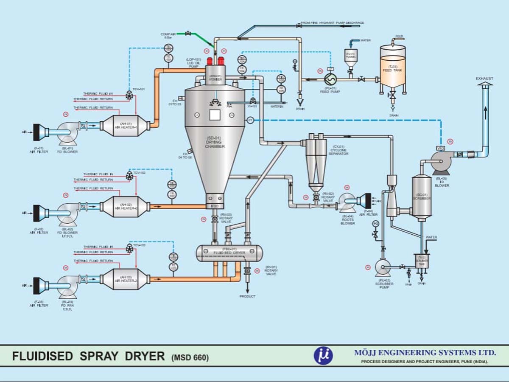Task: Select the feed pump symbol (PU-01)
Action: [330, 79]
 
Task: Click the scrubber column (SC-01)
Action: [421, 197]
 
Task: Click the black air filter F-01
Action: [37, 132]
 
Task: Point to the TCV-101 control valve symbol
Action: [129, 96]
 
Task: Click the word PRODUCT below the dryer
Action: [247, 296]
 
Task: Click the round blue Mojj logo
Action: [323, 356]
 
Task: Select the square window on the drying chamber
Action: [215, 115]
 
